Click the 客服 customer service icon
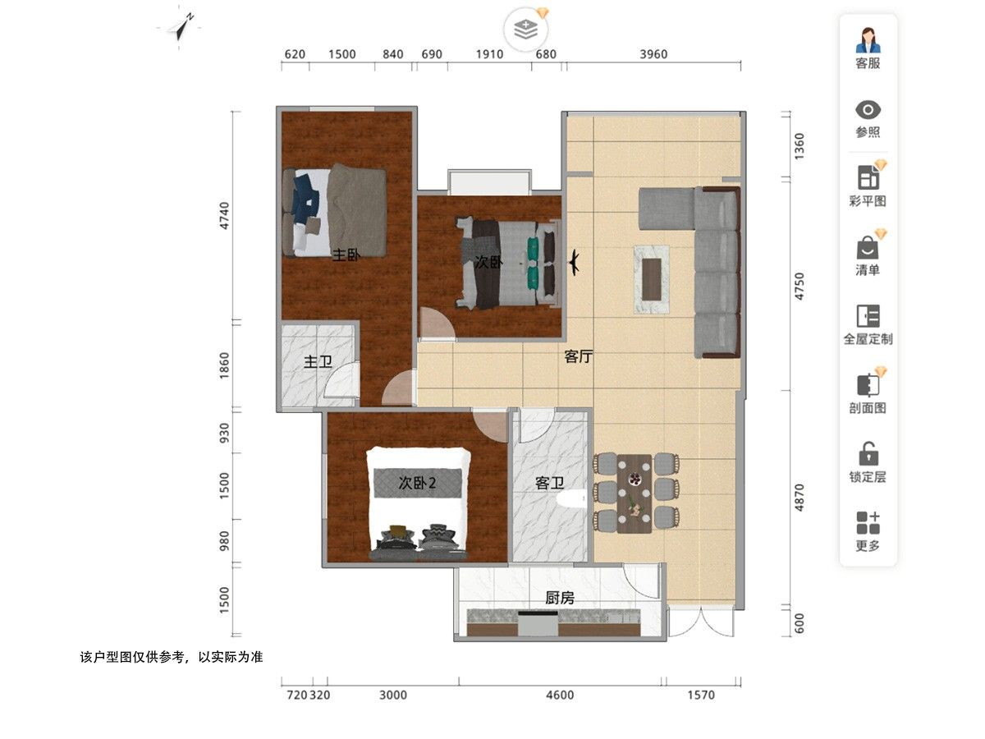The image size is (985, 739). click(x=868, y=40)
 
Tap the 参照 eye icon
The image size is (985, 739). click(x=868, y=110)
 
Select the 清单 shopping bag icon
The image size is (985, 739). click(x=868, y=248)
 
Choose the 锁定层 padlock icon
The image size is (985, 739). click(x=868, y=453)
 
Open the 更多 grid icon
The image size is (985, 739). click(x=868, y=523)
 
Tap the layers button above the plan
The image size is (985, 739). click(x=525, y=30)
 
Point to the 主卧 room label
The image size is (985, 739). click(x=346, y=255)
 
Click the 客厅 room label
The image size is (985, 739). click(x=579, y=356)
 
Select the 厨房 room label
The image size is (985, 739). click(x=560, y=598)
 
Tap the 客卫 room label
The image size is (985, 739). click(x=549, y=483)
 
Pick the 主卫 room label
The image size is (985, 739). click(x=318, y=361)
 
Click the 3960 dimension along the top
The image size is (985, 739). click(x=653, y=54)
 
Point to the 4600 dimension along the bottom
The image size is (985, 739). click(x=560, y=695)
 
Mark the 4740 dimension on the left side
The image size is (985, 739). click(x=224, y=216)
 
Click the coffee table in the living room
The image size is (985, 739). click(x=652, y=279)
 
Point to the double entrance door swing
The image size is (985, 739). click(x=701, y=622)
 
